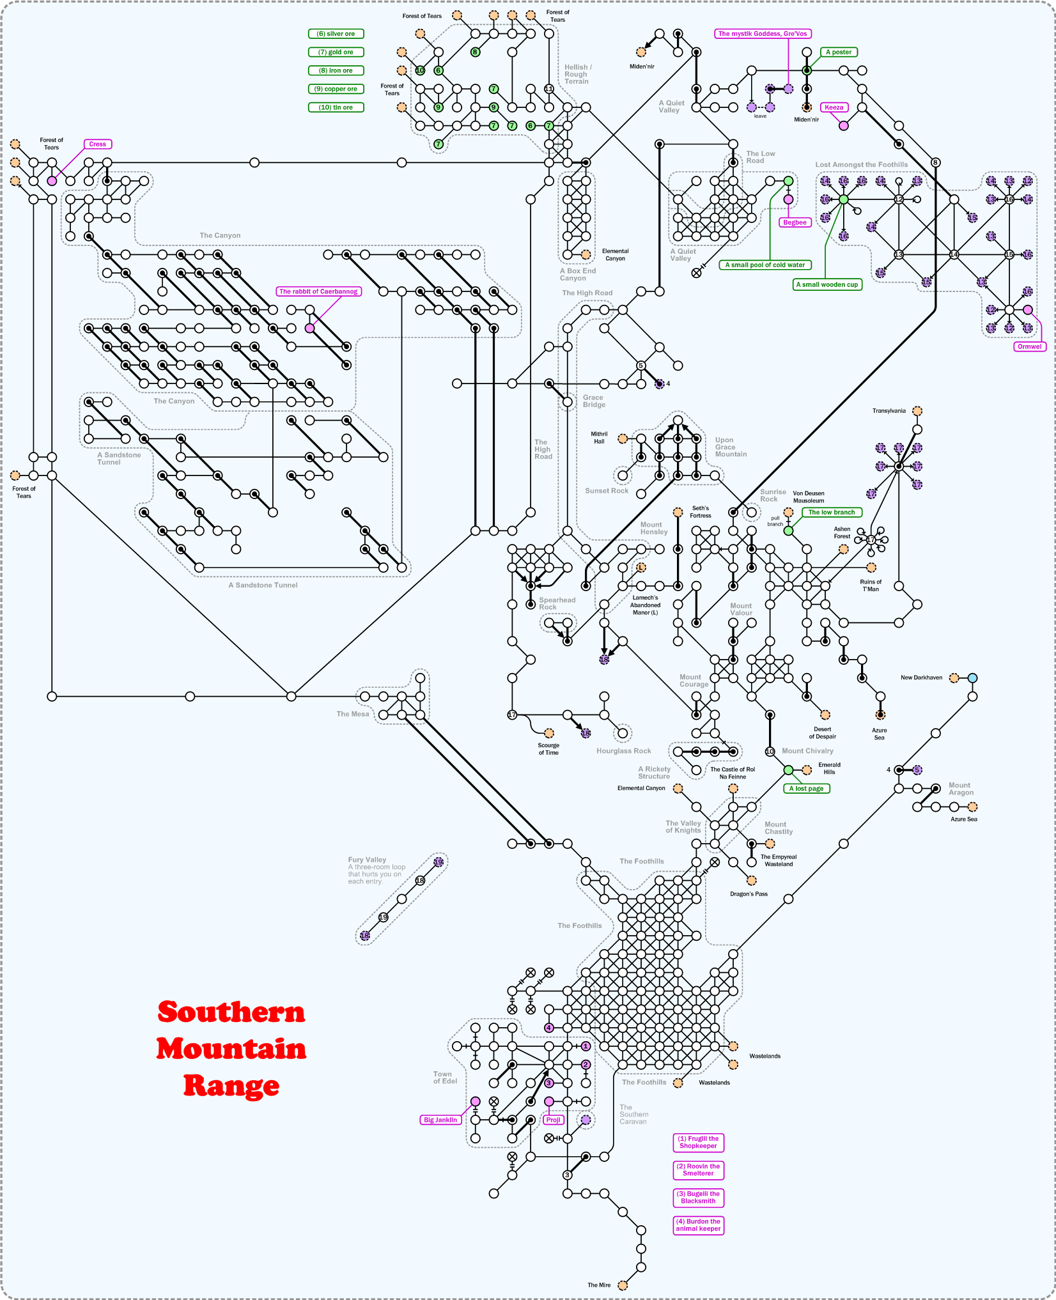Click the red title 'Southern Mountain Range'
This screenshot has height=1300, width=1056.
(231, 1048)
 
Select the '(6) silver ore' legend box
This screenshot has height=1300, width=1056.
(336, 34)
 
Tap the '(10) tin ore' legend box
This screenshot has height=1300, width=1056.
(336, 107)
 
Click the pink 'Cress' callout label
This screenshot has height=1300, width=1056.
(98, 144)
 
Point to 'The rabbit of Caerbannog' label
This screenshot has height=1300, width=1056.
(318, 291)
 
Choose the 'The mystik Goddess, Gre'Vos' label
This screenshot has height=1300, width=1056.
(763, 34)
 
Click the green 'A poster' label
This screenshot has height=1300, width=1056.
(838, 52)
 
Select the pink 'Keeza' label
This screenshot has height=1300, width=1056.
(834, 107)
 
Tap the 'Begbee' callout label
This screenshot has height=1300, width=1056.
(795, 222)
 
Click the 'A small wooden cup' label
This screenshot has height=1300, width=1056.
(827, 284)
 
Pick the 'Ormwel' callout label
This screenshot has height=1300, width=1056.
(1029, 346)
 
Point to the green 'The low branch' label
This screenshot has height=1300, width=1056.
(831, 513)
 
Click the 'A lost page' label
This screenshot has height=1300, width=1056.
(806, 789)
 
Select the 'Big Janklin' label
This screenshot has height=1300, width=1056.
(440, 1120)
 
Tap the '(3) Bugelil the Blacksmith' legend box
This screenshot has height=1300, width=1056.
(698, 1197)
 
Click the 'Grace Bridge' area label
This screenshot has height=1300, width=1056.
(593, 401)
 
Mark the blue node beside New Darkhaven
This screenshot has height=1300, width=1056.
(972, 678)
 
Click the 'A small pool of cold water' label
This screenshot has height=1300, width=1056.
(765, 265)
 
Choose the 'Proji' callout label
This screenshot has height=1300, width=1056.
(554, 1120)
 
